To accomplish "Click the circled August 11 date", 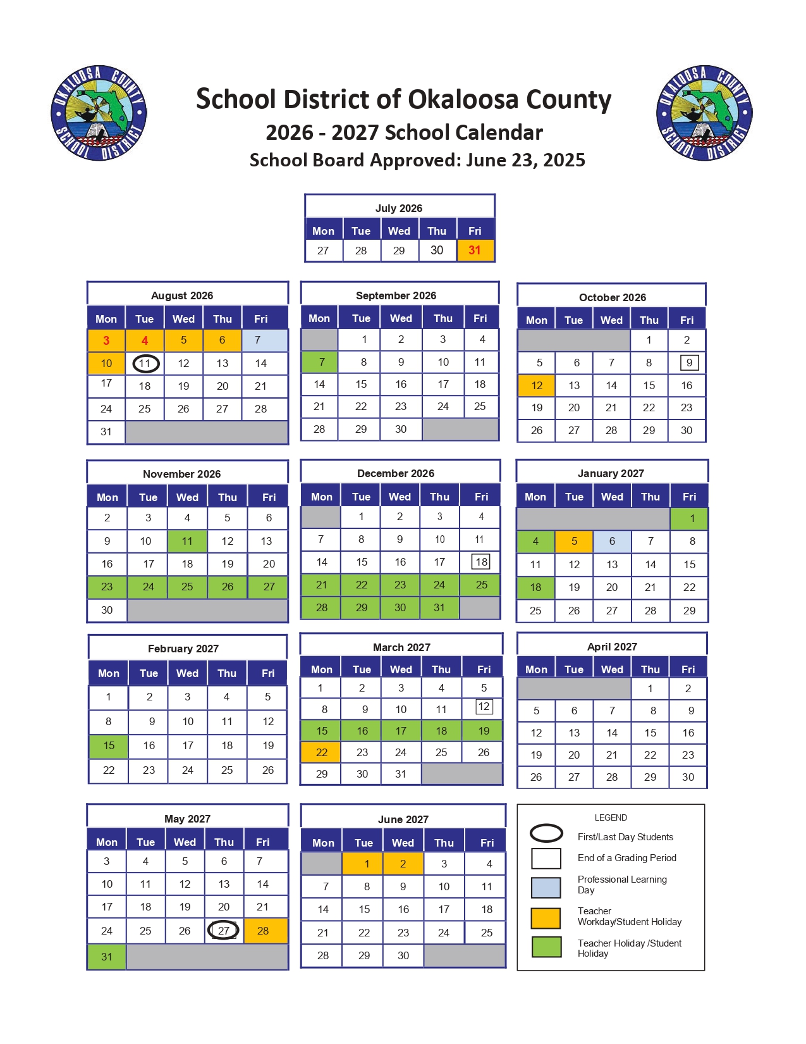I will (145, 363).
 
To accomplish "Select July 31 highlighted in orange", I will (475, 251).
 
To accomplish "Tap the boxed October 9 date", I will (688, 363).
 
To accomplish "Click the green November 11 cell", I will (187, 541).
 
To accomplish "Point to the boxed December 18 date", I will (481, 562).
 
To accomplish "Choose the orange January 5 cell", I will (574, 541).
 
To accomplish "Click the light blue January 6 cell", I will (612, 541).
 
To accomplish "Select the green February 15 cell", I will (109, 745).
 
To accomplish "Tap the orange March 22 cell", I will (321, 752).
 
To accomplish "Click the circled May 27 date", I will (223, 930).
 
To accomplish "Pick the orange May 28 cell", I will (263, 931).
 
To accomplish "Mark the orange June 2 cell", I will (403, 864).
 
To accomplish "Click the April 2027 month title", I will (612, 647).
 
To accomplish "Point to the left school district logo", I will (99, 113).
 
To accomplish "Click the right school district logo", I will (704, 113).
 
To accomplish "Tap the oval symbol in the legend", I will (546, 833).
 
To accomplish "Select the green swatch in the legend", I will (546, 947).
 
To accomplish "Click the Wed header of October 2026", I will (611, 320).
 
